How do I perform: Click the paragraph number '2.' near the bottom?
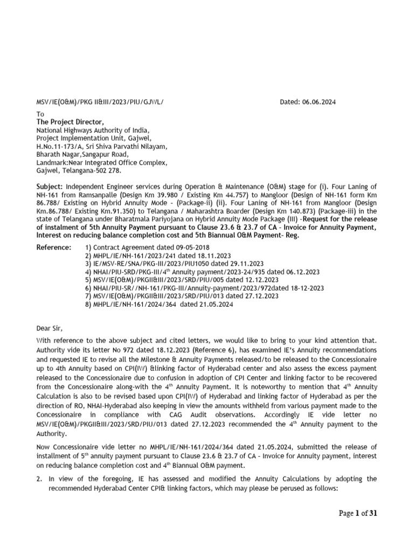[39, 479]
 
